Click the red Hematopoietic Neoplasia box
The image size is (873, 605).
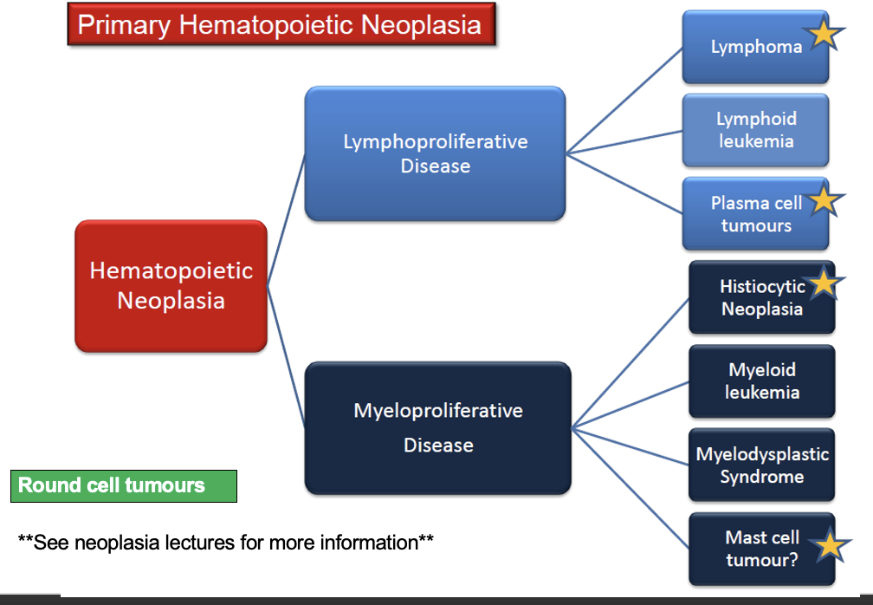pos(171,286)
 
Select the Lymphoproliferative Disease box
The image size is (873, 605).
pos(435,153)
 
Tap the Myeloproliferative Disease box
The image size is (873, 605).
pos(437,427)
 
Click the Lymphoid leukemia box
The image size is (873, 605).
pos(755,130)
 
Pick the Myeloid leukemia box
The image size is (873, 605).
pos(761,381)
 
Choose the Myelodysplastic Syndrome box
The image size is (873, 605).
pos(761,465)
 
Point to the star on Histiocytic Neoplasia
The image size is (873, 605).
pos(824,283)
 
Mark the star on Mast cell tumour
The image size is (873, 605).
pos(831,545)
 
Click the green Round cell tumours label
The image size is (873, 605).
pos(124,485)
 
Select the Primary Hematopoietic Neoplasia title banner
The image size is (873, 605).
pos(281,24)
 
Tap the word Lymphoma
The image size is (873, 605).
pos(756,47)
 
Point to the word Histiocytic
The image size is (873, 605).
pos(762,286)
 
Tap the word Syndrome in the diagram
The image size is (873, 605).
pos(761,477)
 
